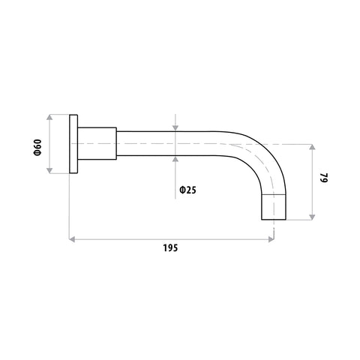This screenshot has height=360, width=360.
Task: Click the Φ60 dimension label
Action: click(x=37, y=148)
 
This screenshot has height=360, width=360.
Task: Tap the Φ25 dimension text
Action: click(x=188, y=190)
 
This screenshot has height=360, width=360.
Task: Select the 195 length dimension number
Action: click(x=170, y=248)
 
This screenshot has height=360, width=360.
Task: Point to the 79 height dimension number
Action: click(x=324, y=178)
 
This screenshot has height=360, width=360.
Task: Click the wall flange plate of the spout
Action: click(x=73, y=144)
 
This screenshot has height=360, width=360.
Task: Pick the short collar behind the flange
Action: click(x=97, y=143)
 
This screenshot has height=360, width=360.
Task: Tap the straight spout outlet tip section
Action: click(x=274, y=207)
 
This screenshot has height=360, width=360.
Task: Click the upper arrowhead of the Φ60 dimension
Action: click(x=49, y=118)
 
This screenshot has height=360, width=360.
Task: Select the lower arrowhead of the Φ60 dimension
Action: click(x=49, y=170)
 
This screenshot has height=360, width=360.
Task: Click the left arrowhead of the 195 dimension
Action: click(x=72, y=239)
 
